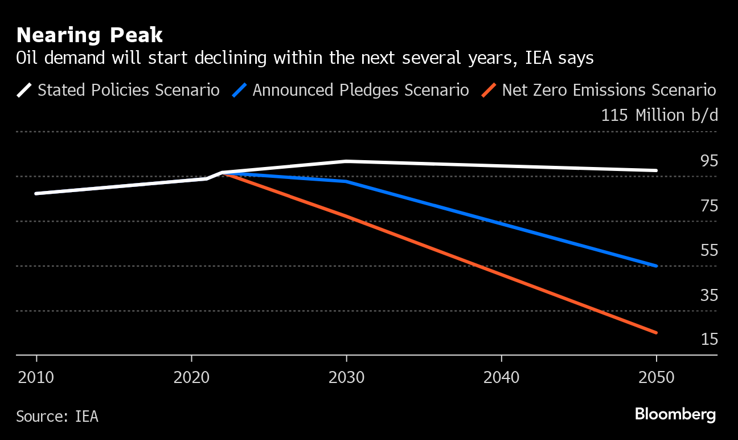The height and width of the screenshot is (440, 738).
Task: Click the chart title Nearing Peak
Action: pos(89,35)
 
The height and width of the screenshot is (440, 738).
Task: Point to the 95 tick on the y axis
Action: pos(709,161)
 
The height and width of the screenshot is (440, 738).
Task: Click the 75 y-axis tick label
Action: pos(709,206)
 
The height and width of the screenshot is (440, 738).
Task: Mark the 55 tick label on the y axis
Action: pos(709,250)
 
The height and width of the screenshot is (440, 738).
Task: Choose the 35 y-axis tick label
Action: pos(709,295)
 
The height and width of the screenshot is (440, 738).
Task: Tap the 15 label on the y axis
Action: pos(709,340)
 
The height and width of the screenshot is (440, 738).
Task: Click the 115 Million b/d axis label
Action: pos(659,115)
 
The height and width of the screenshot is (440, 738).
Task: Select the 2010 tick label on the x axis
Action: pos(36,377)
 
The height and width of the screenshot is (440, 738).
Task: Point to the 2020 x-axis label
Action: pos(191,377)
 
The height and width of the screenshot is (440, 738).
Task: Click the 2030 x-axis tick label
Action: pos(346,377)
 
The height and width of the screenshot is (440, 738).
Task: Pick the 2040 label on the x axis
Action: pos(501,377)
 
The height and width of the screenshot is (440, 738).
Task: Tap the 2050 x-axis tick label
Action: pos(656,377)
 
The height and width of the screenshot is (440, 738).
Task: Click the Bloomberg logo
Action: pos(675,414)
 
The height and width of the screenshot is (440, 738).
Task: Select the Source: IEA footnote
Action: pos(57,417)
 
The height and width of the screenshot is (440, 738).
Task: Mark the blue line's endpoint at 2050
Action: pos(657,266)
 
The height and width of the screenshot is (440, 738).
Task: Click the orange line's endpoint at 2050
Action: pos(657,332)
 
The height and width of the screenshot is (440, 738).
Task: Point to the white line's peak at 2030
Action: pos(346,161)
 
